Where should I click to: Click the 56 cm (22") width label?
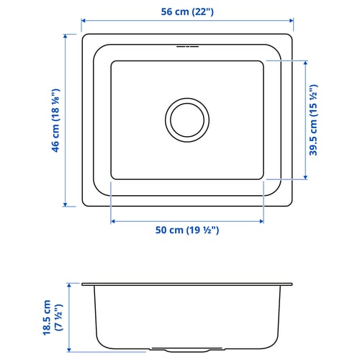(187, 12)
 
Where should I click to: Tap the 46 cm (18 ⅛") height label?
(55, 120)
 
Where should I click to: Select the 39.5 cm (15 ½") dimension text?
(313, 120)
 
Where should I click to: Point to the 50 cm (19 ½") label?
(187, 230)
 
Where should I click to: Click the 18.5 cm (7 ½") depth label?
(53, 318)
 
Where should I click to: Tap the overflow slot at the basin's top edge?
(187, 47)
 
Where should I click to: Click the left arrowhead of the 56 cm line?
(83, 21)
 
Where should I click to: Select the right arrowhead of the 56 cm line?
(292, 21)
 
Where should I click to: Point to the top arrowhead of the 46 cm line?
(66, 36)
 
